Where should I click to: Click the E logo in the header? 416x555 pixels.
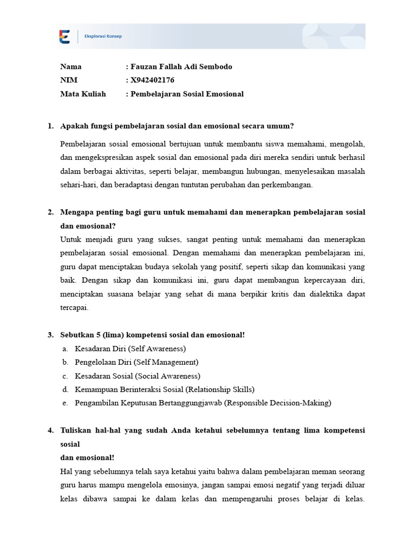(x=64, y=36)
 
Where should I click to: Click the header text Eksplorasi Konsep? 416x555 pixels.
(x=103, y=36)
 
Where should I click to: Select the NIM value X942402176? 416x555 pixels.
(x=152, y=80)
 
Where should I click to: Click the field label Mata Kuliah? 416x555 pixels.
(x=83, y=94)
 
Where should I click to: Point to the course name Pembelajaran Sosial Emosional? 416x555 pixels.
(x=187, y=94)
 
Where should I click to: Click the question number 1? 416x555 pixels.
(x=50, y=126)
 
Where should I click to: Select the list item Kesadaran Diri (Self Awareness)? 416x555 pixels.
(x=130, y=349)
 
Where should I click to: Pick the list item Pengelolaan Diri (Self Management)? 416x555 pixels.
(x=136, y=362)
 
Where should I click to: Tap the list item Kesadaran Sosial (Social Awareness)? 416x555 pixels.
(x=138, y=376)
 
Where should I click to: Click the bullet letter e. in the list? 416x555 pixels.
(x=65, y=403)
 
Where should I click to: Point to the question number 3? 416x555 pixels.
(x=50, y=335)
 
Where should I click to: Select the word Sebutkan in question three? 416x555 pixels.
(x=76, y=335)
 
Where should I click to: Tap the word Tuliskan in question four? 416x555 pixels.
(x=75, y=430)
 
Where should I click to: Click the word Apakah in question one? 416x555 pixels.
(x=73, y=126)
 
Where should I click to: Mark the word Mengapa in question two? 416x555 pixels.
(x=76, y=212)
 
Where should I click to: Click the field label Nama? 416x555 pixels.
(x=71, y=67)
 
